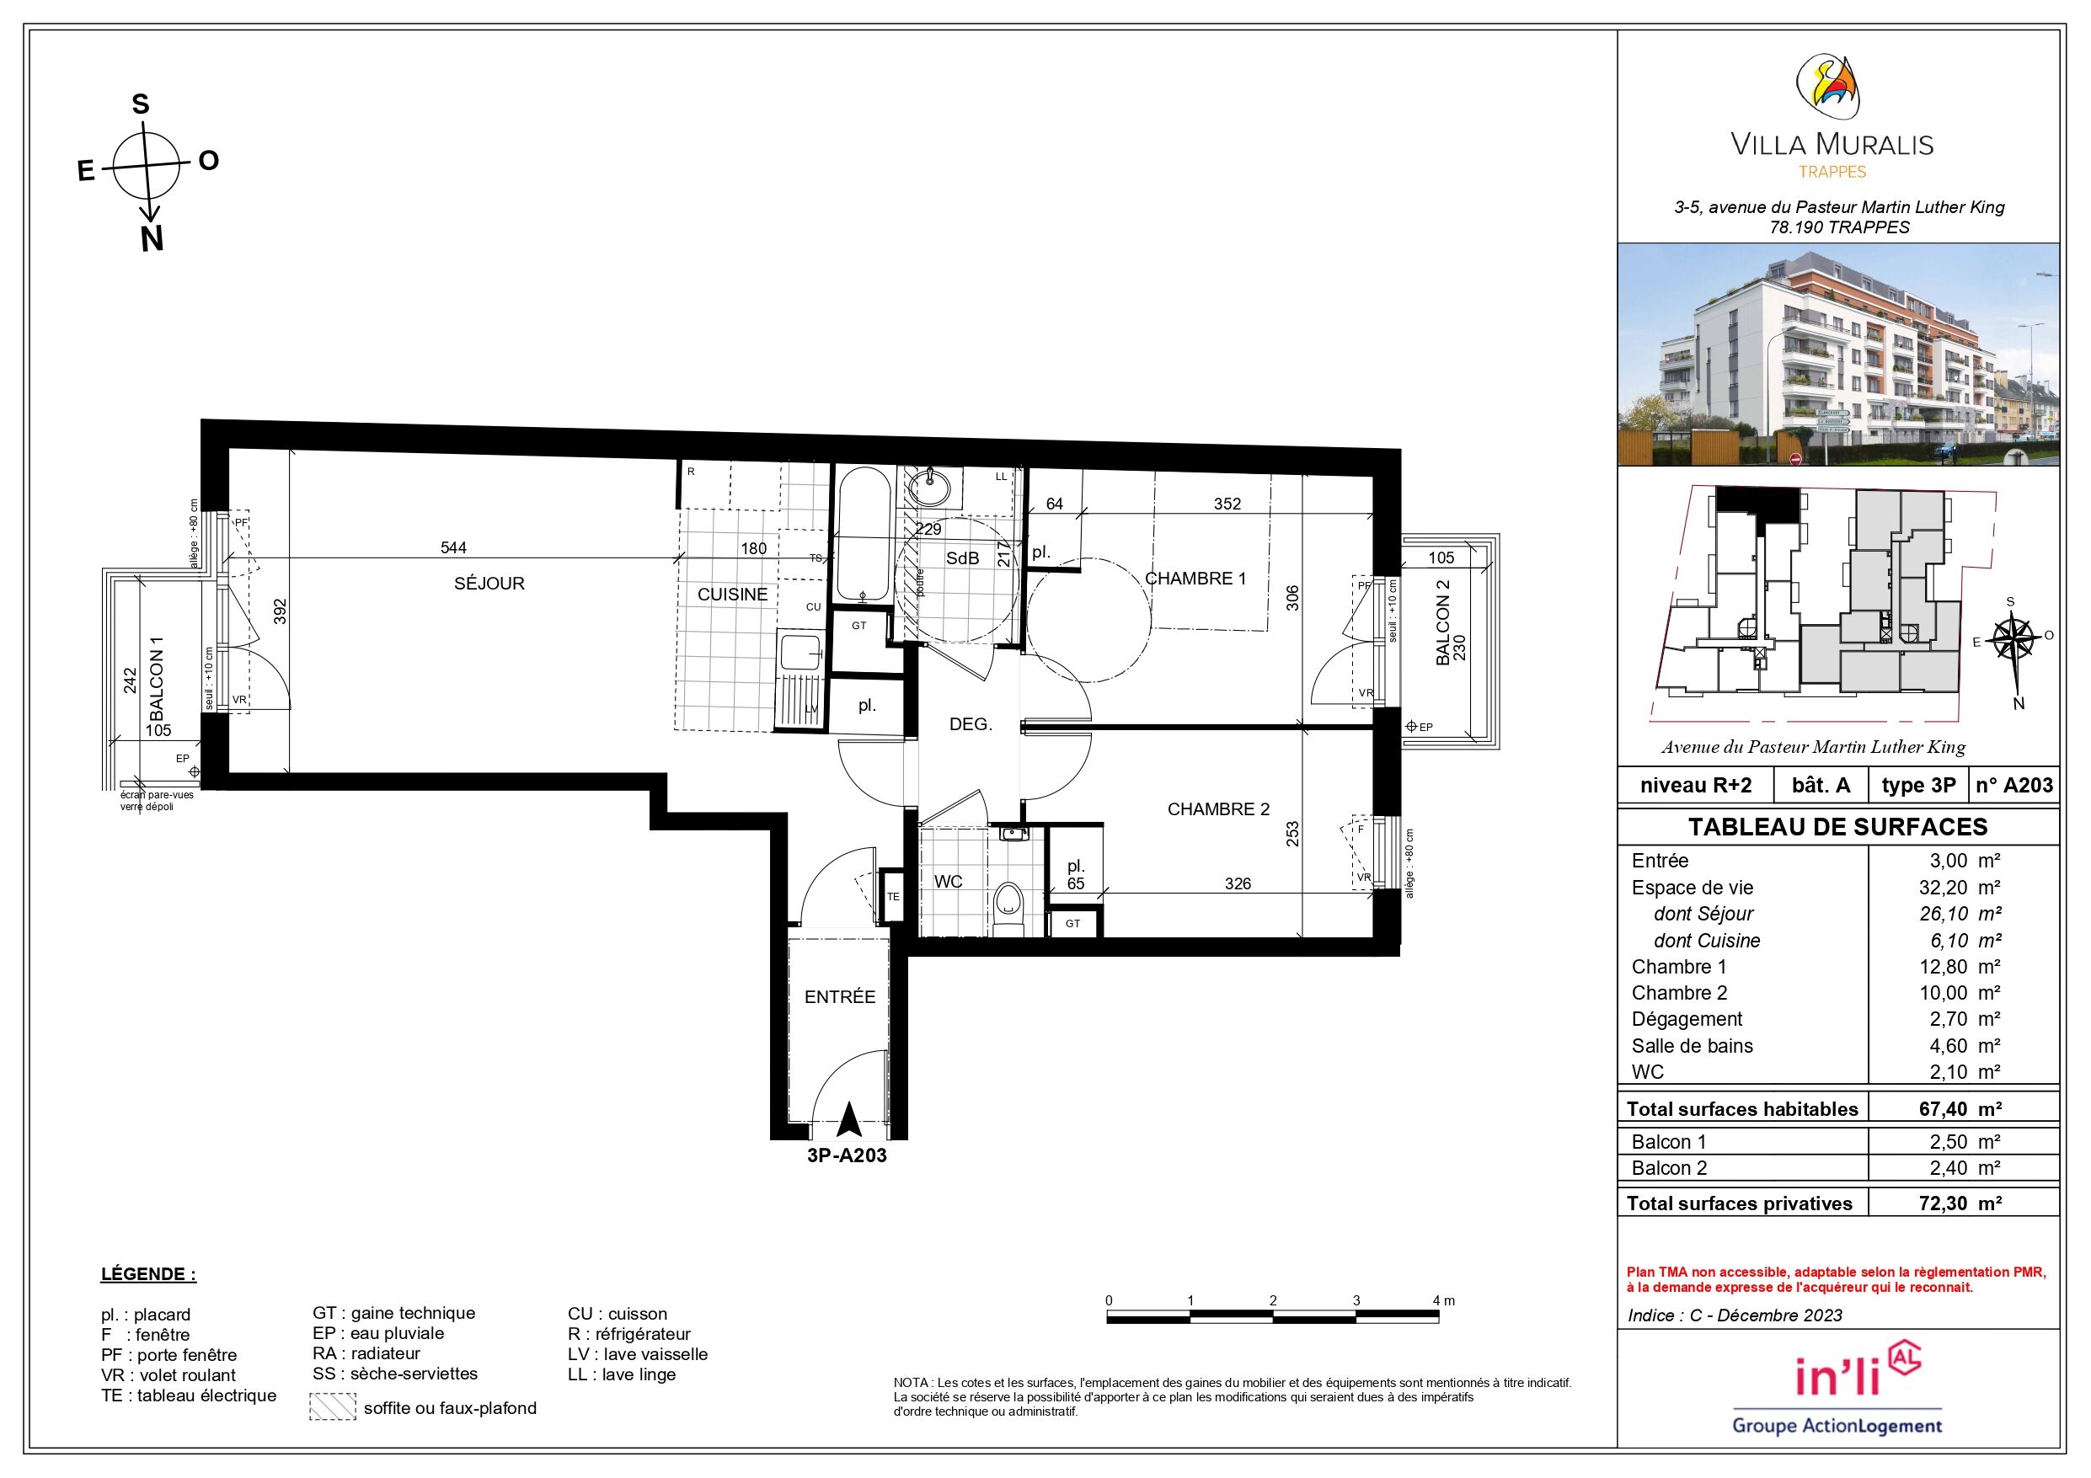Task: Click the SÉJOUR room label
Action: tap(489, 584)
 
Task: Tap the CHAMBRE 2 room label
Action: tap(1218, 809)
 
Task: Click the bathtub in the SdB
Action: tap(864, 536)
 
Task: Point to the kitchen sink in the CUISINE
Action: tap(800, 652)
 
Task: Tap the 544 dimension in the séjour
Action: tap(453, 547)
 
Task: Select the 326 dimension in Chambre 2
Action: tap(1238, 883)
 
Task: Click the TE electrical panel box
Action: tap(892, 896)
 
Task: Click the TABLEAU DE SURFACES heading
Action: tap(1837, 827)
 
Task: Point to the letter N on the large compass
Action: tap(152, 239)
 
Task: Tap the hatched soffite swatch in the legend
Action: tap(333, 1407)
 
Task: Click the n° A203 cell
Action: tap(2014, 786)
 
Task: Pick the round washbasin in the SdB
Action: tap(930, 488)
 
